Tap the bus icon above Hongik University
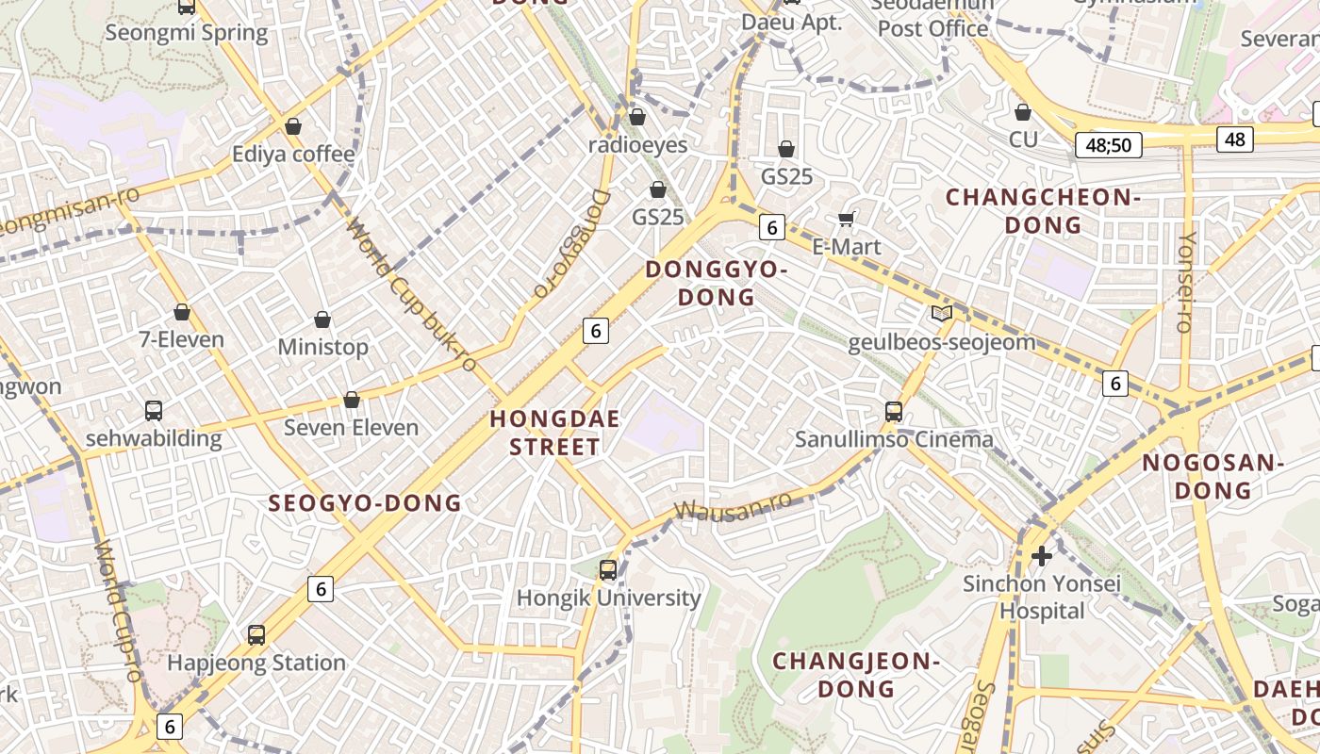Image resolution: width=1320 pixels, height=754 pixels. click(x=608, y=570)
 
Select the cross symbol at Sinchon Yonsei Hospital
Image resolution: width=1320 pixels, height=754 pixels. click(x=1042, y=556)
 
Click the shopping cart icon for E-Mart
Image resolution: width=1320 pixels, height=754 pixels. click(x=846, y=219)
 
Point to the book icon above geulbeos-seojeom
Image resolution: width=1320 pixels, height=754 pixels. click(x=941, y=313)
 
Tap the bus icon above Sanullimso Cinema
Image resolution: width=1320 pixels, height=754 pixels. click(x=894, y=411)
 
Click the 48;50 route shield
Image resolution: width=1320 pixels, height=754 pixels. click(x=1108, y=145)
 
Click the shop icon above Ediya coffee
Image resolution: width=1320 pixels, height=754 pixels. click(x=293, y=126)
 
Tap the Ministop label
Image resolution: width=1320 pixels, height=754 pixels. click(x=322, y=347)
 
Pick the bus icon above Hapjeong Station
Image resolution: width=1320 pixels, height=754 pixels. click(x=256, y=634)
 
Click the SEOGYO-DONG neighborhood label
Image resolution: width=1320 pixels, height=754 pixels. click(x=365, y=503)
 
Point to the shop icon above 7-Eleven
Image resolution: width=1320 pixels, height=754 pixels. click(x=182, y=312)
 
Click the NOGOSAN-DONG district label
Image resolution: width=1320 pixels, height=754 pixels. click(x=1213, y=477)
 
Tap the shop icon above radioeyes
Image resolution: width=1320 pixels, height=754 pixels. click(x=637, y=117)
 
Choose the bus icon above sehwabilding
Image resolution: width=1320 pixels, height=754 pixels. click(x=154, y=411)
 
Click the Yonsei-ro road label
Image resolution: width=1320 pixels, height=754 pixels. click(x=1185, y=283)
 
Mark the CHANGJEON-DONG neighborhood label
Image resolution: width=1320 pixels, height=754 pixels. click(x=856, y=675)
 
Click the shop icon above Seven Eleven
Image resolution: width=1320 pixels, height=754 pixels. click(x=352, y=401)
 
